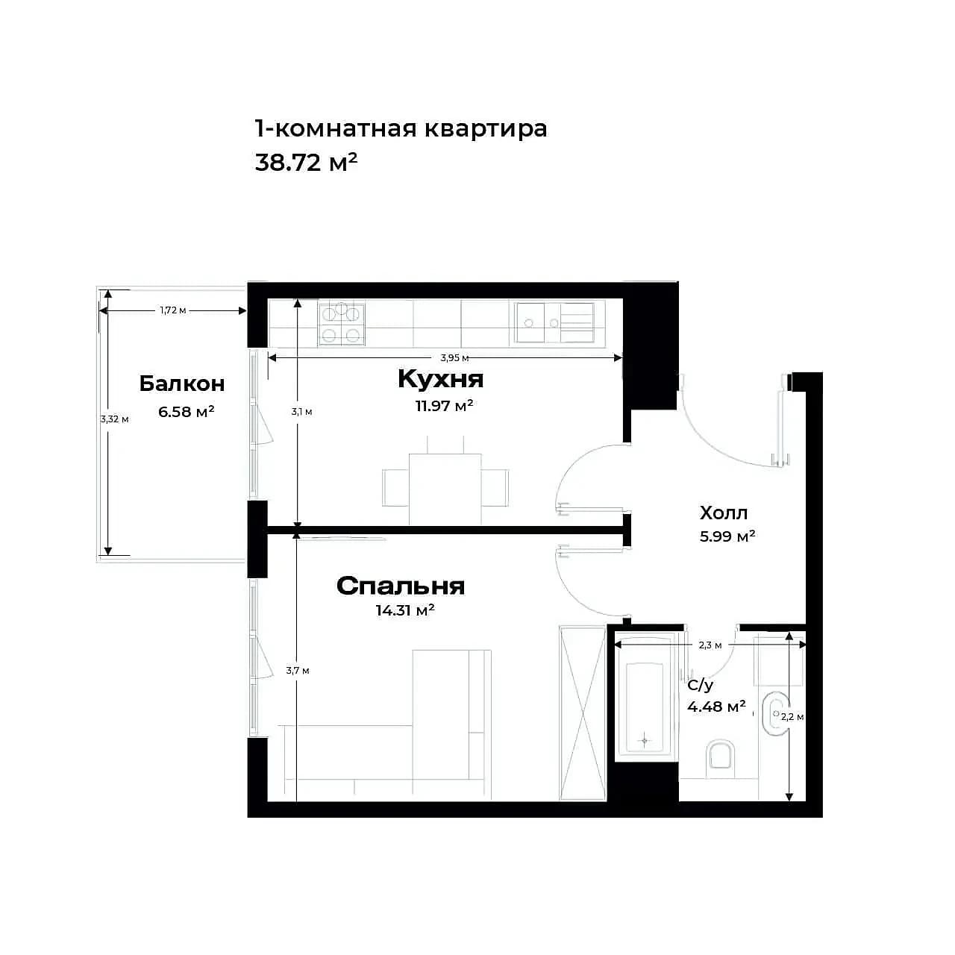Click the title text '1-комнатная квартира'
(401, 129)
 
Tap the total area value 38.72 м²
(307, 162)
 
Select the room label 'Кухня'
(441, 379)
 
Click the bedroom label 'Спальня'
(401, 586)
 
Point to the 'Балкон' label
(182, 383)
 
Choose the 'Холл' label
(724, 513)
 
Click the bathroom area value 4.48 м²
(716, 706)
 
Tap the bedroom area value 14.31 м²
(405, 610)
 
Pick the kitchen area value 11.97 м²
(445, 406)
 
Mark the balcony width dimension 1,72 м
(173, 310)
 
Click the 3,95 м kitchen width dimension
(454, 358)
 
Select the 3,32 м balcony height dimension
(114, 419)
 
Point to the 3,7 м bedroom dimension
(298, 671)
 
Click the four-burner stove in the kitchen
(342, 324)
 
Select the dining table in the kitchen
(445, 489)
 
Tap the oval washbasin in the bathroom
(774, 714)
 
